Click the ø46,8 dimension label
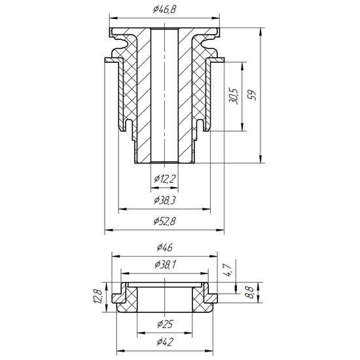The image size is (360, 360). click(164, 10)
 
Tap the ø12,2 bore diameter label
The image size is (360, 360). click(164, 179)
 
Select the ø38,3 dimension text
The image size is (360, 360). click(164, 200)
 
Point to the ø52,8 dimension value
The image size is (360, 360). click(164, 221)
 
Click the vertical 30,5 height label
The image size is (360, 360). click(234, 96)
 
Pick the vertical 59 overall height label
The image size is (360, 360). click(252, 94)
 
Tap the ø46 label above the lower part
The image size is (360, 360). click(164, 247)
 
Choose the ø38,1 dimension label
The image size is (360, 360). click(165, 264)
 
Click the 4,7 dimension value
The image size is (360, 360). click(227, 270)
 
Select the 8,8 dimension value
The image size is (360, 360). click(249, 293)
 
